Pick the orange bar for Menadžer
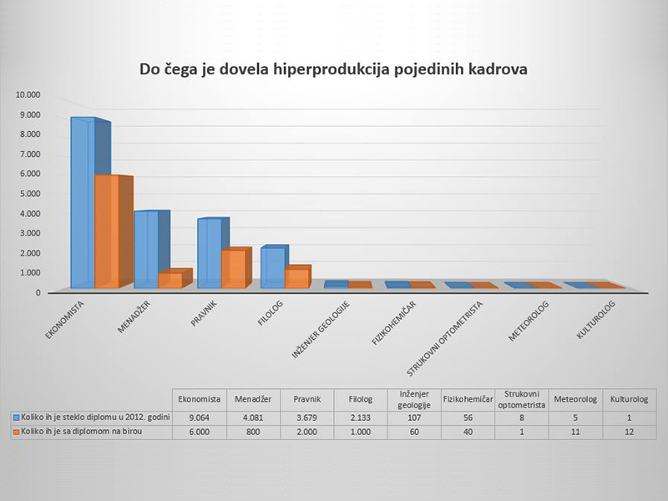click(x=170, y=280)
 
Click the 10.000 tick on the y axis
click(x=28, y=94)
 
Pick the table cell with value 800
click(x=252, y=433)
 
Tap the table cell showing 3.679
click(x=306, y=417)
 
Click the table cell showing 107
click(x=414, y=417)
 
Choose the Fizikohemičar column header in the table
click(x=468, y=399)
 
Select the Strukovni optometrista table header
click(x=523, y=399)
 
